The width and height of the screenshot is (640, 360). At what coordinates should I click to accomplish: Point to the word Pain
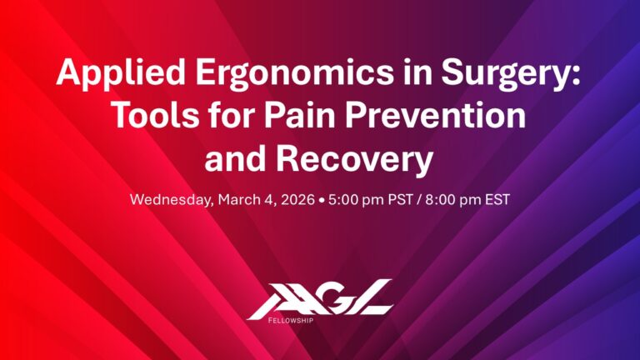324,117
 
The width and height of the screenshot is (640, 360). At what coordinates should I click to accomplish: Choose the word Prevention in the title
450,117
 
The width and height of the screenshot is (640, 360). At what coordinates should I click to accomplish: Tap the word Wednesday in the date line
170,201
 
